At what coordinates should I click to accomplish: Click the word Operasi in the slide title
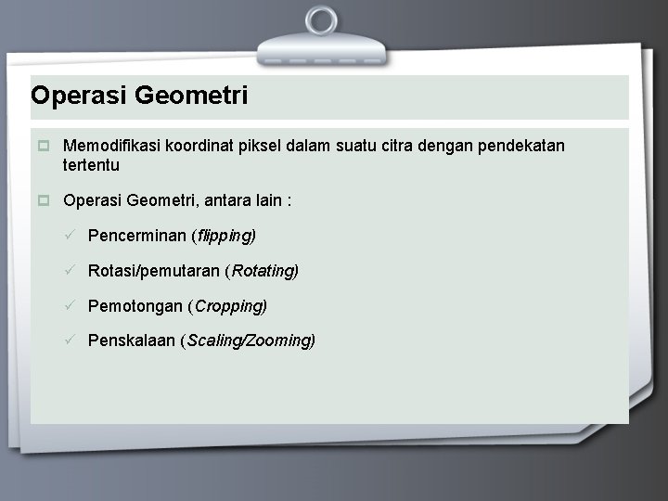[79, 96]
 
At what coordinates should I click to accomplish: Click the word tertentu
[91, 165]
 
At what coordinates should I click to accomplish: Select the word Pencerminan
[136, 236]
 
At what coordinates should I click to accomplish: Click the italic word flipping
[225, 236]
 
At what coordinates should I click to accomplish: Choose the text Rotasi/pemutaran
[154, 271]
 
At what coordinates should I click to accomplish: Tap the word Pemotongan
[135, 305]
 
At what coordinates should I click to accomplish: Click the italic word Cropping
[229, 305]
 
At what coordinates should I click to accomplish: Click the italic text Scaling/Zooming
[250, 340]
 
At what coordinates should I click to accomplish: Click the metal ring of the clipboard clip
[322, 20]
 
